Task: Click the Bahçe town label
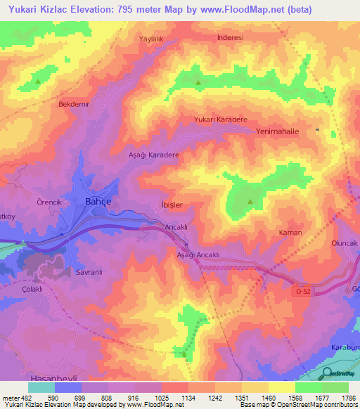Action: pyautogui.click(x=98, y=201)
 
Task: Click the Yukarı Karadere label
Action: pyautogui.click(x=221, y=120)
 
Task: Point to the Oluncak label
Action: pyautogui.click(x=345, y=242)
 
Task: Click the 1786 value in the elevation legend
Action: pyautogui.click(x=348, y=398)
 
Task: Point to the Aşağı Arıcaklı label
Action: pyautogui.click(x=199, y=255)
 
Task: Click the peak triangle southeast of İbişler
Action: pyautogui.click(x=250, y=202)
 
